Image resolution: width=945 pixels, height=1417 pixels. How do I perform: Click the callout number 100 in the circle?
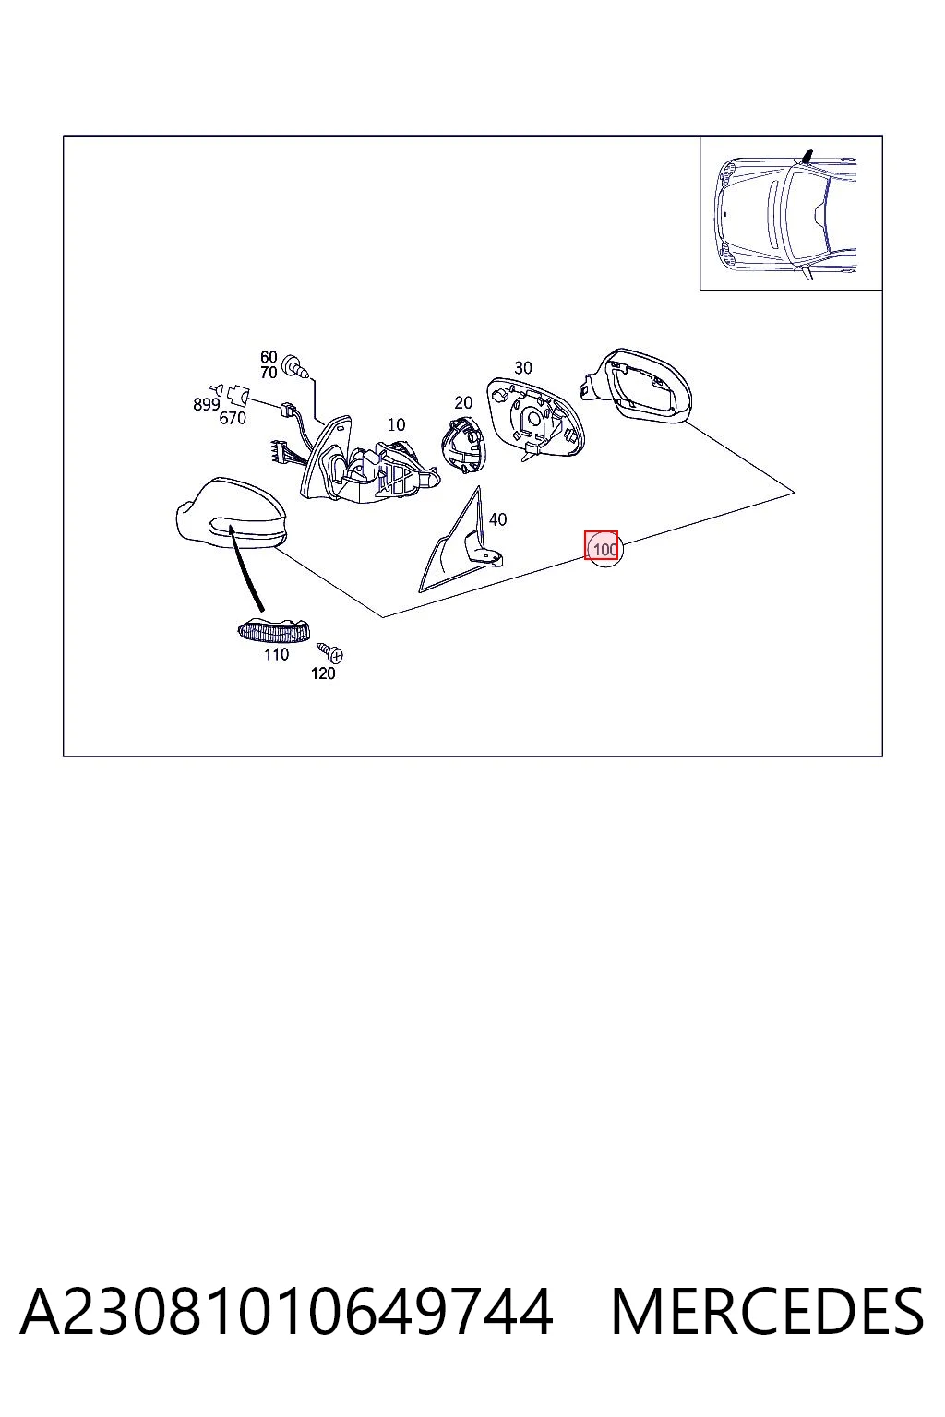pyautogui.click(x=605, y=549)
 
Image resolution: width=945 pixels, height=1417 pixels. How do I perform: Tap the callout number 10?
pyautogui.click(x=396, y=424)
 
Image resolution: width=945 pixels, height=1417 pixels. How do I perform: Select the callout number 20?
pyautogui.click(x=463, y=402)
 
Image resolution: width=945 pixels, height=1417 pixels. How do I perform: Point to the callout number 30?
pyautogui.click(x=523, y=367)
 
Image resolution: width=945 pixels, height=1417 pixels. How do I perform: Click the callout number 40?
pyautogui.click(x=497, y=519)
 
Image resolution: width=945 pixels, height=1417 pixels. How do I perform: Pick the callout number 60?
pyautogui.click(x=269, y=357)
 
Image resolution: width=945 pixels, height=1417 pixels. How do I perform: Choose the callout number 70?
pyautogui.click(x=269, y=373)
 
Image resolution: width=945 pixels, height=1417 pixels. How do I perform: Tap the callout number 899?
pyautogui.click(x=207, y=404)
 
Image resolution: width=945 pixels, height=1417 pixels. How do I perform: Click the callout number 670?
pyautogui.click(x=233, y=418)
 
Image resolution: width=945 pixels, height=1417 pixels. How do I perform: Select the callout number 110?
pyautogui.click(x=277, y=654)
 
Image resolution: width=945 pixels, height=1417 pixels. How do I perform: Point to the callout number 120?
pyautogui.click(x=323, y=673)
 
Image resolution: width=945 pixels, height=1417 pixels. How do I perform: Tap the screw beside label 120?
pyautogui.click(x=329, y=652)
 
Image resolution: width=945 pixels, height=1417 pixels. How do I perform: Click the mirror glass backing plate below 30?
pyautogui.click(x=535, y=418)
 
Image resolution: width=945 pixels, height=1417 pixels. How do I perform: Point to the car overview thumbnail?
pyautogui.click(x=791, y=212)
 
